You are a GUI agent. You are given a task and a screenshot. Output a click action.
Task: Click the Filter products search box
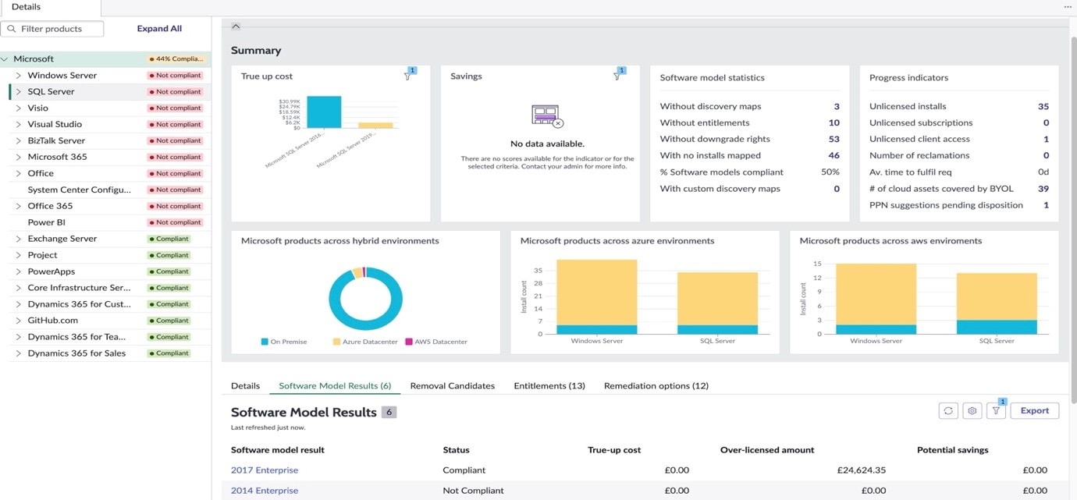coord(52,29)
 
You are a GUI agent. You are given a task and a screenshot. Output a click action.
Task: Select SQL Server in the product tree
coord(51,92)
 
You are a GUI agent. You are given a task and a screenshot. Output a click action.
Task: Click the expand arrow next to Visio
coord(19,108)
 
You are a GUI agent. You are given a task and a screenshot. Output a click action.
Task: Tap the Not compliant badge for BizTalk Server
coord(175,141)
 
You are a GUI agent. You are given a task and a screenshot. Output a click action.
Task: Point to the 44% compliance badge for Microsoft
coord(176,59)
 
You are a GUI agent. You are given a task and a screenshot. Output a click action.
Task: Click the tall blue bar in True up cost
coord(324,112)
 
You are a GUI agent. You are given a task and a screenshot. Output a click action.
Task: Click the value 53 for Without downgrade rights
coord(834,139)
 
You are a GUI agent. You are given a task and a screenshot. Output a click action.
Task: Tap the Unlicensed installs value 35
coord(1043,107)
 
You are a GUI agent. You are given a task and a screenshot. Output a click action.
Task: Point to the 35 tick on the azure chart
coord(538,271)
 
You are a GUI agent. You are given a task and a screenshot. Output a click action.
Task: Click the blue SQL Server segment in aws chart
coord(997,327)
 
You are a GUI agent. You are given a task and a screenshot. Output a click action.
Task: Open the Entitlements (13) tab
coord(549,386)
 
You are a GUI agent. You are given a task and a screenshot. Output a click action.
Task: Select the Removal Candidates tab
coord(452,386)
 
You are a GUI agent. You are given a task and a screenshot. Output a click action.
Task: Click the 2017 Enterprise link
coord(264,470)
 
